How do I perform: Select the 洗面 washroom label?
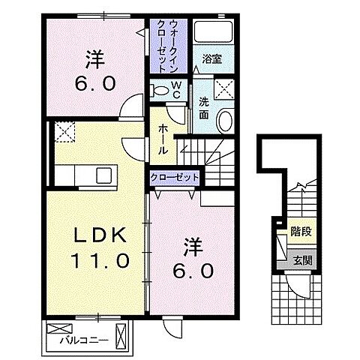coord(203,111)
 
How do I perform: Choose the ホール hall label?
coord(163,139)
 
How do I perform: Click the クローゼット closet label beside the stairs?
coord(173,177)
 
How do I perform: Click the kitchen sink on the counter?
coord(102,177)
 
